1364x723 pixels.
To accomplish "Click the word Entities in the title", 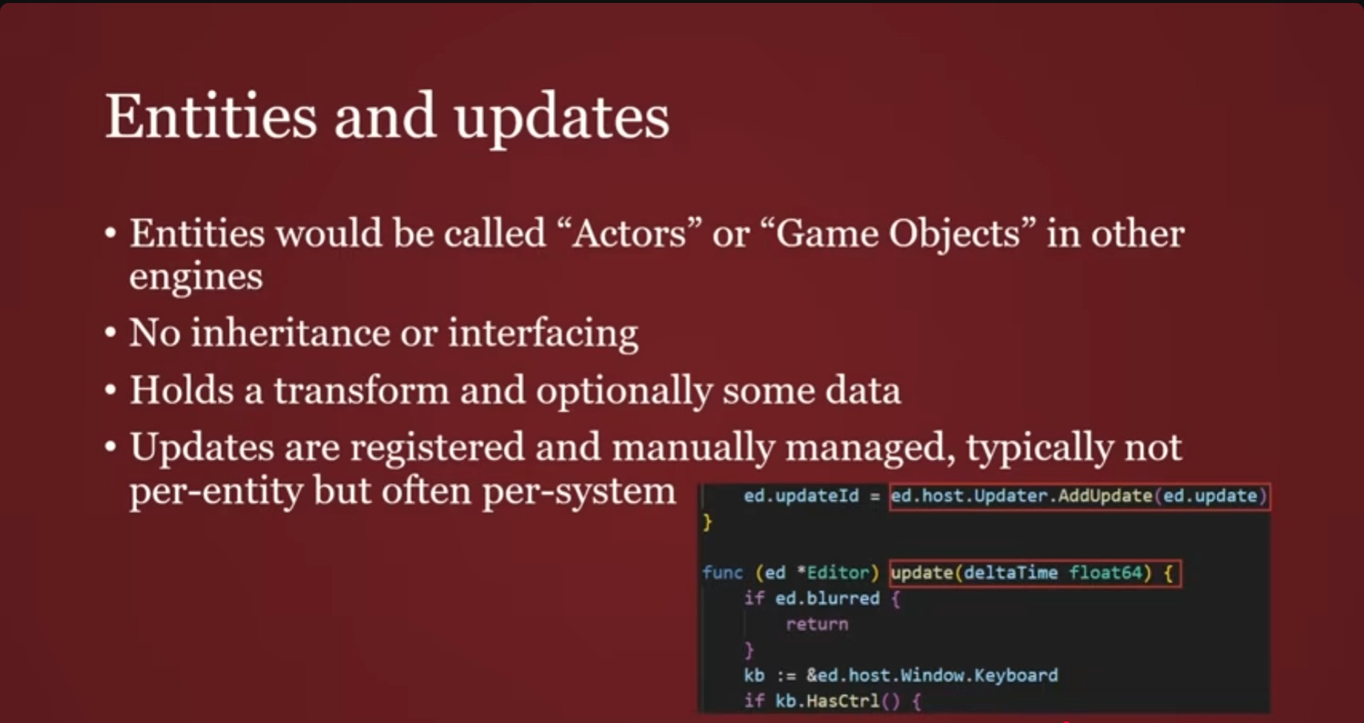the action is click(211, 116).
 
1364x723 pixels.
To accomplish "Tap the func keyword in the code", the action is click(722, 573).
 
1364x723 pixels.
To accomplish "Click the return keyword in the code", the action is click(817, 624).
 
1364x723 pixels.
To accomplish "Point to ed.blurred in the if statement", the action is click(827, 599).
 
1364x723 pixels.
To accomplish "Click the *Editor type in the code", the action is click(838, 573).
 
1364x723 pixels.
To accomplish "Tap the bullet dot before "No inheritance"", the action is click(110, 333).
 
